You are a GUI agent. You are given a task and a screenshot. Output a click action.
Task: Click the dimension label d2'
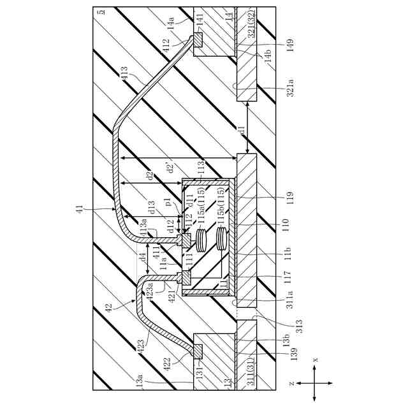coord(168,168)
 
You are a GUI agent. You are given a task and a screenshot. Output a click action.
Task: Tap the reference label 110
coord(285,224)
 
